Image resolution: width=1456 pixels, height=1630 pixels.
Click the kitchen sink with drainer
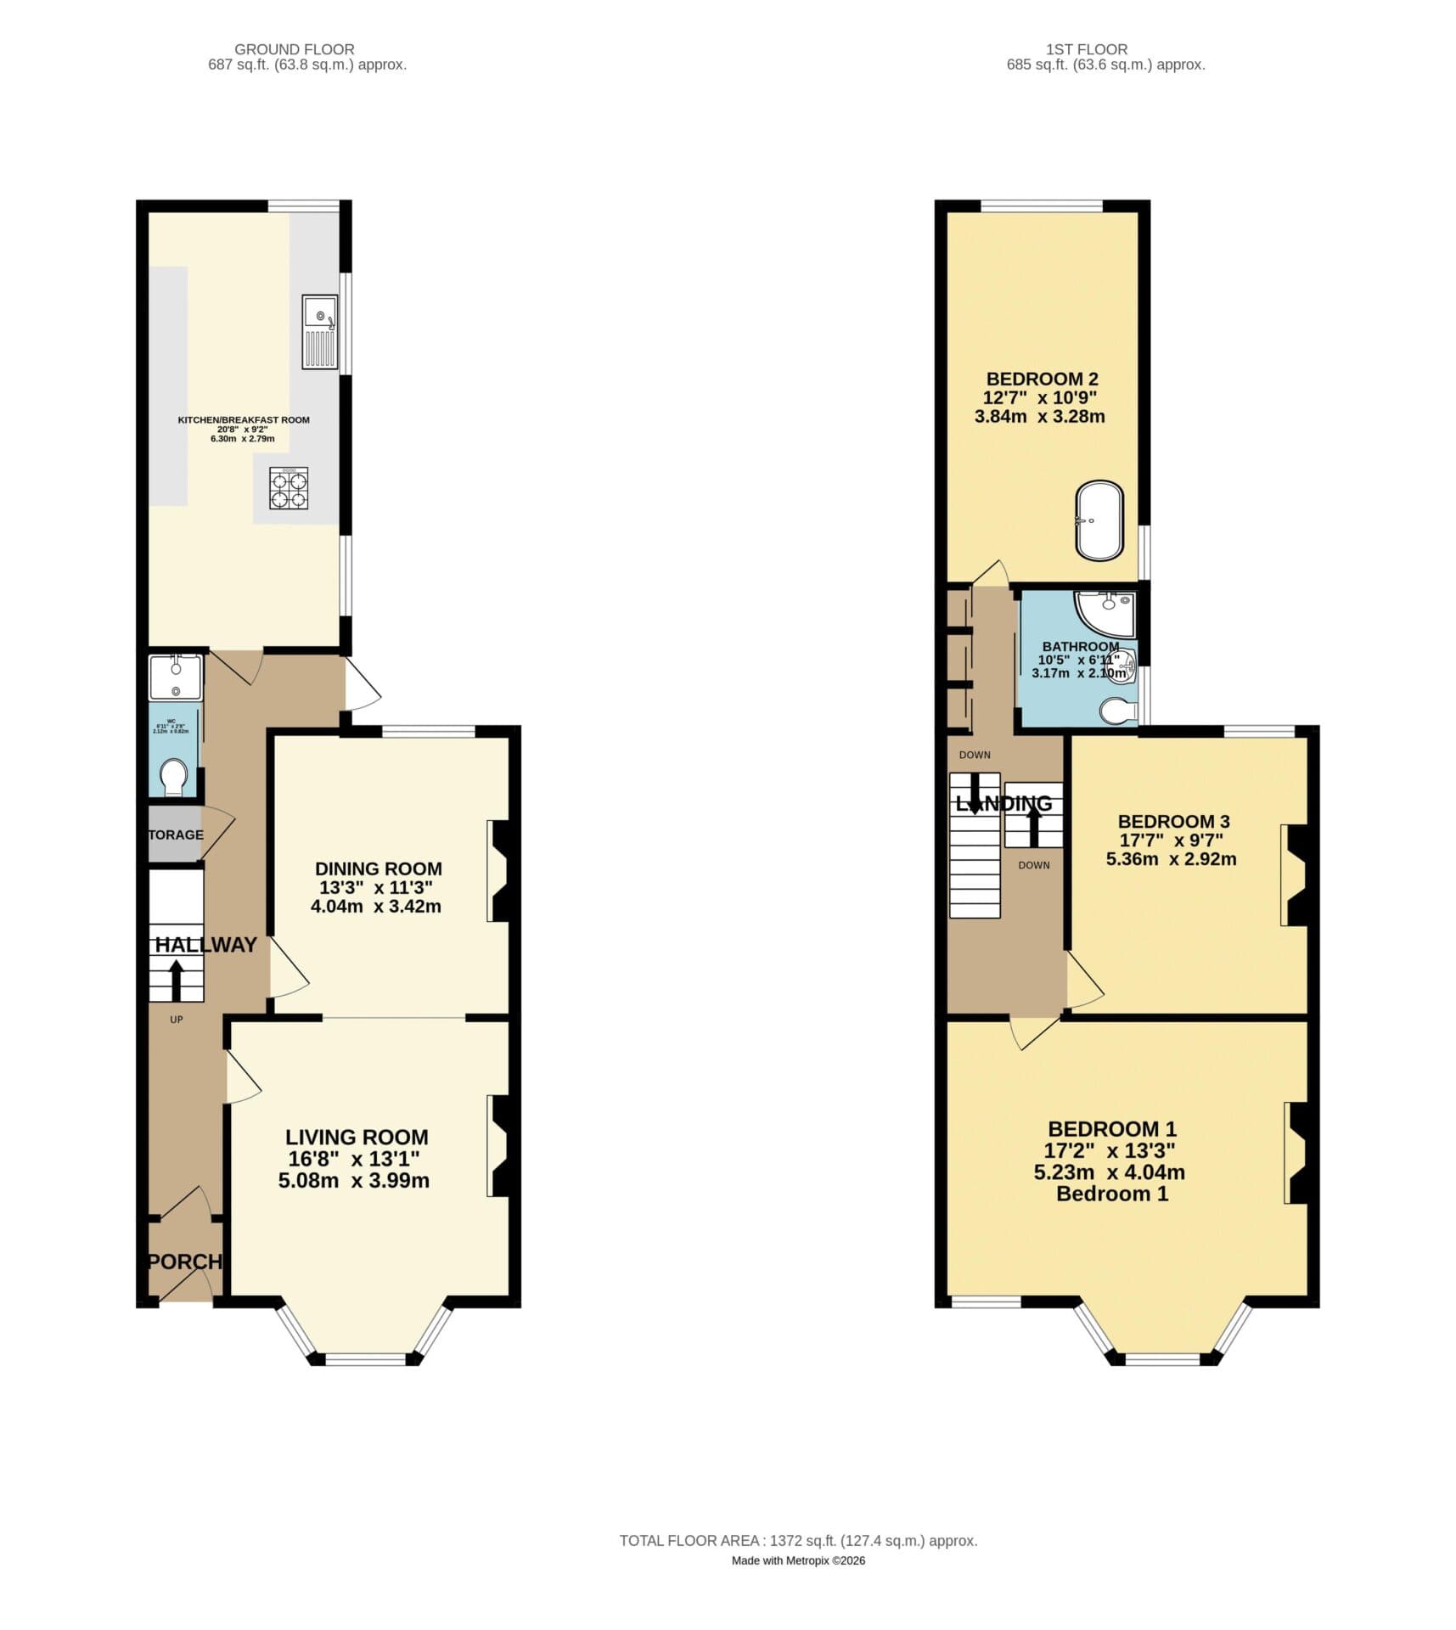pos(319,331)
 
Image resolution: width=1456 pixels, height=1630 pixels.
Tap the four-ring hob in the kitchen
pos(289,488)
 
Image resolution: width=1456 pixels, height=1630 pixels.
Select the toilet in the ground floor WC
pos(174,776)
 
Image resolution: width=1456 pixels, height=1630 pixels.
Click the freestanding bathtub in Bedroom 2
pos(1099,521)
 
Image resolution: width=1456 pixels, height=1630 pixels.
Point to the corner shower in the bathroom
pos(1106,613)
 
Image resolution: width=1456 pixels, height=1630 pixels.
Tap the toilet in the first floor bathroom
pos(1117,711)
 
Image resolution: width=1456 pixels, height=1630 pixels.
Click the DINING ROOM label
pos(378,868)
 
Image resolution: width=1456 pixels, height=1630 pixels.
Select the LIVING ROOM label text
pos(357,1137)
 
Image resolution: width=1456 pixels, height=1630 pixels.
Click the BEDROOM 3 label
pos(1173,821)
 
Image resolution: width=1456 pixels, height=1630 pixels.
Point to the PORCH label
pos(185,1262)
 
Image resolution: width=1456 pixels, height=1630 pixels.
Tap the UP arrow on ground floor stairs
pos(177,980)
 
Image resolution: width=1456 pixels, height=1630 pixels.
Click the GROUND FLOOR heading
pos(295,49)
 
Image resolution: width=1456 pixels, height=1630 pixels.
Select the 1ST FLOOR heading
pos(1087,49)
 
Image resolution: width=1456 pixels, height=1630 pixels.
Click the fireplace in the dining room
pos(499,870)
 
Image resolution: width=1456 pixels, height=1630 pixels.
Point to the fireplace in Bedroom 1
pos(1296,1152)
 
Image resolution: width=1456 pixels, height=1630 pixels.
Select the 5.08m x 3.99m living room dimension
pos(353,1180)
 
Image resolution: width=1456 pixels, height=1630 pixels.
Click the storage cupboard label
pos(176,835)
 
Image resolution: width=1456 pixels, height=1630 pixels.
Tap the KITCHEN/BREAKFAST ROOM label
pos(244,419)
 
